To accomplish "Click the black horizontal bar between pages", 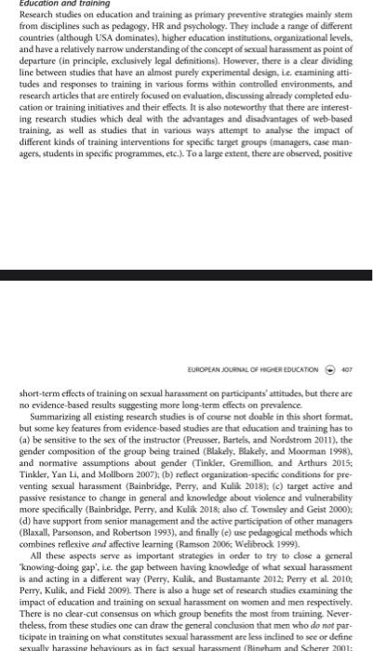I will click(186, 276).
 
